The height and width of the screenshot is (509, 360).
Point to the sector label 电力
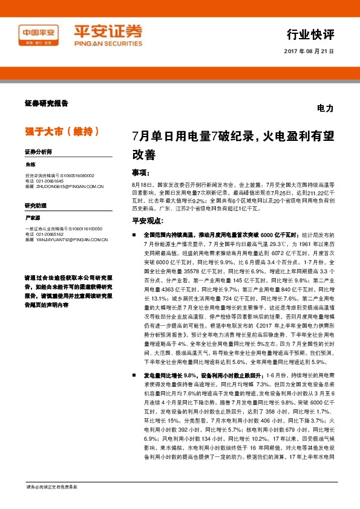(325, 109)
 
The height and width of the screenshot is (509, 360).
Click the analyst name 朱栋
(30, 164)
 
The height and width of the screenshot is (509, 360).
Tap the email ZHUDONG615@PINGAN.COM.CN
(64, 187)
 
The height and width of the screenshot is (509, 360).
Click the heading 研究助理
(35, 205)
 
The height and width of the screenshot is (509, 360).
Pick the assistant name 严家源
(32, 216)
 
